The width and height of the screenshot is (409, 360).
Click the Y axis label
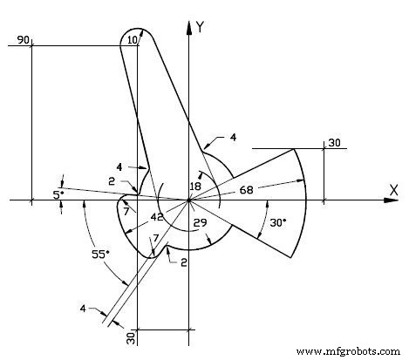[201, 27]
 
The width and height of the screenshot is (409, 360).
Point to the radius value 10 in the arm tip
[133, 40]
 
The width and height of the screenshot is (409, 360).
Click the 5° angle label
[58, 195]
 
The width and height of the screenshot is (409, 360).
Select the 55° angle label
[102, 255]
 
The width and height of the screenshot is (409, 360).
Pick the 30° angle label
[277, 222]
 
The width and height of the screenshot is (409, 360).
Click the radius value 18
[195, 186]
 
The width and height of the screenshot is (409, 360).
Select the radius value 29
[199, 224]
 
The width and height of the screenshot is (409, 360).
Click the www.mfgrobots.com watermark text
[350, 351]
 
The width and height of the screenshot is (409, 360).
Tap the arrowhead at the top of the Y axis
[189, 25]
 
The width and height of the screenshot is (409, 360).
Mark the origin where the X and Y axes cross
[189, 200]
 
